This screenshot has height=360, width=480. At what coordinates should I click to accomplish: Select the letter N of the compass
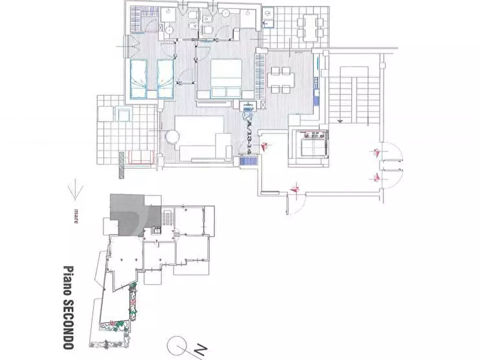(199, 351)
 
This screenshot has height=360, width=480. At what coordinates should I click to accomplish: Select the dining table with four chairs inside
(280, 79)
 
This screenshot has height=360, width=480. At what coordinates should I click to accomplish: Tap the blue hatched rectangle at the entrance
(248, 160)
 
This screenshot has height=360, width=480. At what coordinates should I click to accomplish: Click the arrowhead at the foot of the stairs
(340, 121)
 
